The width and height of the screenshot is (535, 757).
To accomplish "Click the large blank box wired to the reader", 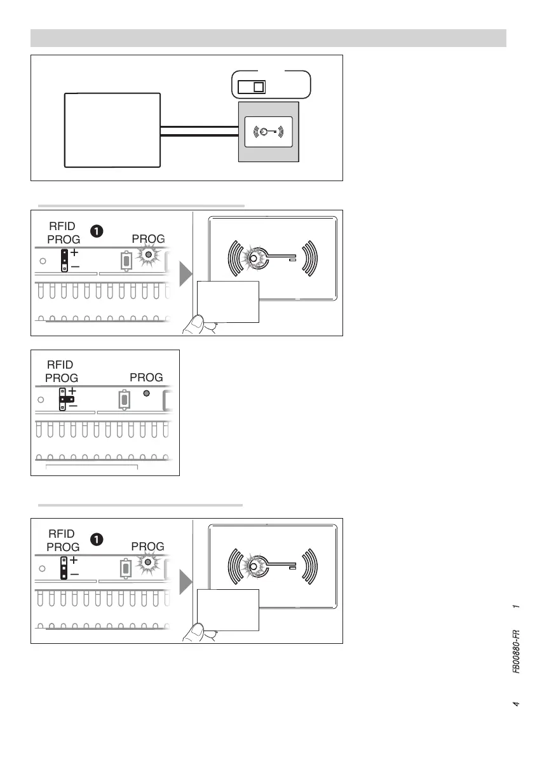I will (x=112, y=130).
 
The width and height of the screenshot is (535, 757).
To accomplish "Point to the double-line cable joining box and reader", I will (x=199, y=131).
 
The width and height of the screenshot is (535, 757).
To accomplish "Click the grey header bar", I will (x=268, y=38).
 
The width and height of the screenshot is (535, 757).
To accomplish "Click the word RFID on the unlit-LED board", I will (x=61, y=365).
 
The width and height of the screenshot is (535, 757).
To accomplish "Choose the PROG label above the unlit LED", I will (x=146, y=378).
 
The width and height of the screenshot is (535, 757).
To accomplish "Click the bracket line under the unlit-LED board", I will (x=93, y=466).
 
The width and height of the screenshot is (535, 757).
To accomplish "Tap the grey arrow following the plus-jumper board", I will (x=185, y=273).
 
